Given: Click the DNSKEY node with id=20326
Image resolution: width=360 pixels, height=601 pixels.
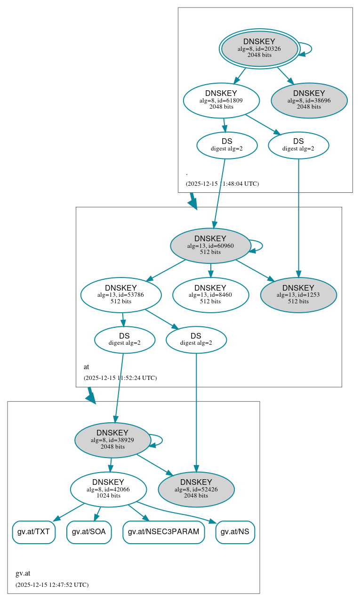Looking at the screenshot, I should coord(259,48).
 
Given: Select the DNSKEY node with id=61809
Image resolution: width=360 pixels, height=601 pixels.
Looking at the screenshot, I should coord(221,100).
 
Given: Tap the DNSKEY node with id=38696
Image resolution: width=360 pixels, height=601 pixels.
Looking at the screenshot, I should coord(309,100).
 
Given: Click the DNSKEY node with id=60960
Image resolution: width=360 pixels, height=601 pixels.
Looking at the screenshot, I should coord(210,245).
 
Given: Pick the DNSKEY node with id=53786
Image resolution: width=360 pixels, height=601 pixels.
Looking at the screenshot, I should coord(121,295).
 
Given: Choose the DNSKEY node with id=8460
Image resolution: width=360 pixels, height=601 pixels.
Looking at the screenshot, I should coord(210,295).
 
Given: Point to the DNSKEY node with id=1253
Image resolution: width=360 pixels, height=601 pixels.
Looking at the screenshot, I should coord(298,295).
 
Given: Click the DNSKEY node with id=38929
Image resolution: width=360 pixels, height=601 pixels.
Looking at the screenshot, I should coord(112,440).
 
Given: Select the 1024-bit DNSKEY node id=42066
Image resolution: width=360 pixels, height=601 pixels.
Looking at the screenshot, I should coord(108,489).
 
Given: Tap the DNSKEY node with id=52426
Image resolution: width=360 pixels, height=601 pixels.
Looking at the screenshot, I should coord(196,489).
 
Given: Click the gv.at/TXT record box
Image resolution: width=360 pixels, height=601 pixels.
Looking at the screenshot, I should coord(33,532).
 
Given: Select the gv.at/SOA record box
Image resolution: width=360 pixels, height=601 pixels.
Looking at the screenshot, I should coord(89,532).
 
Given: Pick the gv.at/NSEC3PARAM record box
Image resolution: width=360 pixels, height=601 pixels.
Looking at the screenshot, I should coord(164,532).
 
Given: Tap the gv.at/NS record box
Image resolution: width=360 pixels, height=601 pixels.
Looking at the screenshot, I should coord(235,532).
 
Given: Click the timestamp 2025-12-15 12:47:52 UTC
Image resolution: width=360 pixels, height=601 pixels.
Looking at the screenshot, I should coord(52,585).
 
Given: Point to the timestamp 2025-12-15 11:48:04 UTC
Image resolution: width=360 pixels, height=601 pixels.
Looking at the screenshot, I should coord(222,184).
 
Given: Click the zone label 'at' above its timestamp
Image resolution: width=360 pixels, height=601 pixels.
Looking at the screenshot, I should coord(86,367).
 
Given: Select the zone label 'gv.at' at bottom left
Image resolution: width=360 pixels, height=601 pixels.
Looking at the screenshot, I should coord(23,573).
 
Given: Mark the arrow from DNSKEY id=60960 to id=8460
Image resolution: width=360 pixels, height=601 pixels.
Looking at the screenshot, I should coord(210,270).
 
